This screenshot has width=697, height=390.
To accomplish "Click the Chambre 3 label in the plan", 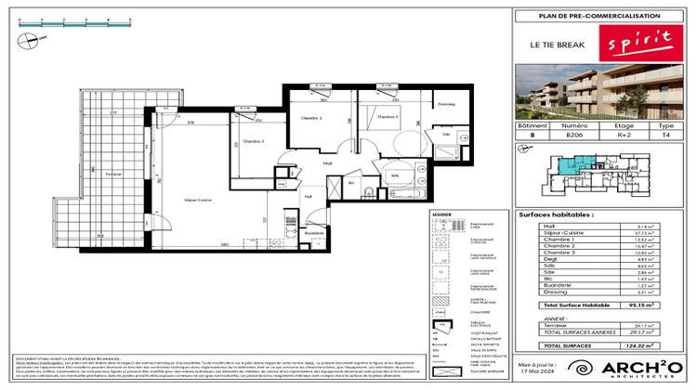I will [x=253, y=141].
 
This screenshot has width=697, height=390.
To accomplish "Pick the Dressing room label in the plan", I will [x=446, y=104].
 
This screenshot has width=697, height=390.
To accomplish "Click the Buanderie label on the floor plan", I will [x=315, y=232].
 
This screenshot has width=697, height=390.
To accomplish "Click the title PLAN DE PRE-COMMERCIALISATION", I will [x=599, y=16].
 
